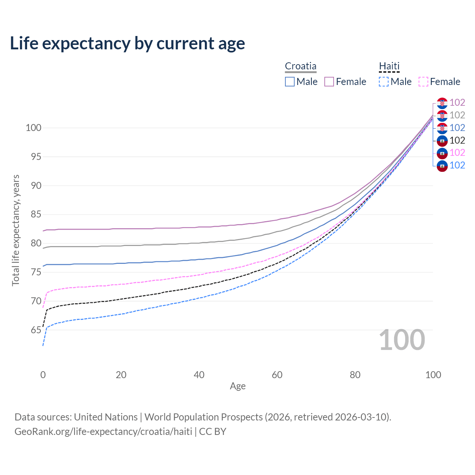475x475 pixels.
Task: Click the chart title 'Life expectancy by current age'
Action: click(x=127, y=43)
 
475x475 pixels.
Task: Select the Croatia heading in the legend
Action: click(x=301, y=66)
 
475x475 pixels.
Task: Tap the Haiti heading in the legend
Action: click(x=389, y=66)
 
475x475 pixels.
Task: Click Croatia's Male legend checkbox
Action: click(x=290, y=82)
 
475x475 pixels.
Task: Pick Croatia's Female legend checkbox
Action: click(x=329, y=82)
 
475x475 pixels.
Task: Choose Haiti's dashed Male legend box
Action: click(x=384, y=82)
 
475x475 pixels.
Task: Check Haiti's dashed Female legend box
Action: click(x=423, y=82)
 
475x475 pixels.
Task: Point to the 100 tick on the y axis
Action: click(x=33, y=128)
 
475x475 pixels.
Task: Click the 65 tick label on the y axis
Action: click(x=36, y=330)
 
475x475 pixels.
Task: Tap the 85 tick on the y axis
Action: click(x=36, y=214)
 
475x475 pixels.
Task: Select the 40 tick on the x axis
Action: click(x=199, y=375)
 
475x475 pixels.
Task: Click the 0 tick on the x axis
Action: click(x=43, y=375)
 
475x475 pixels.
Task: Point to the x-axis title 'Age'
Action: click(x=237, y=386)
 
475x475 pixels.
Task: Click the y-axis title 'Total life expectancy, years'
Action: click(x=16, y=230)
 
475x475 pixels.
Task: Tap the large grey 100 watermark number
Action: click(x=402, y=340)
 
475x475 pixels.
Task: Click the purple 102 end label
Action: click(x=457, y=102)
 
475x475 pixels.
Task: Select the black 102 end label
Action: click(x=457, y=140)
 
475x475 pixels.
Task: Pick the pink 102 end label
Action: click(x=457, y=153)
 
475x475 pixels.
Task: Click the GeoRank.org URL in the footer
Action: click(x=103, y=432)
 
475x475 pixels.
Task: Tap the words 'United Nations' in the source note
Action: click(x=106, y=417)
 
